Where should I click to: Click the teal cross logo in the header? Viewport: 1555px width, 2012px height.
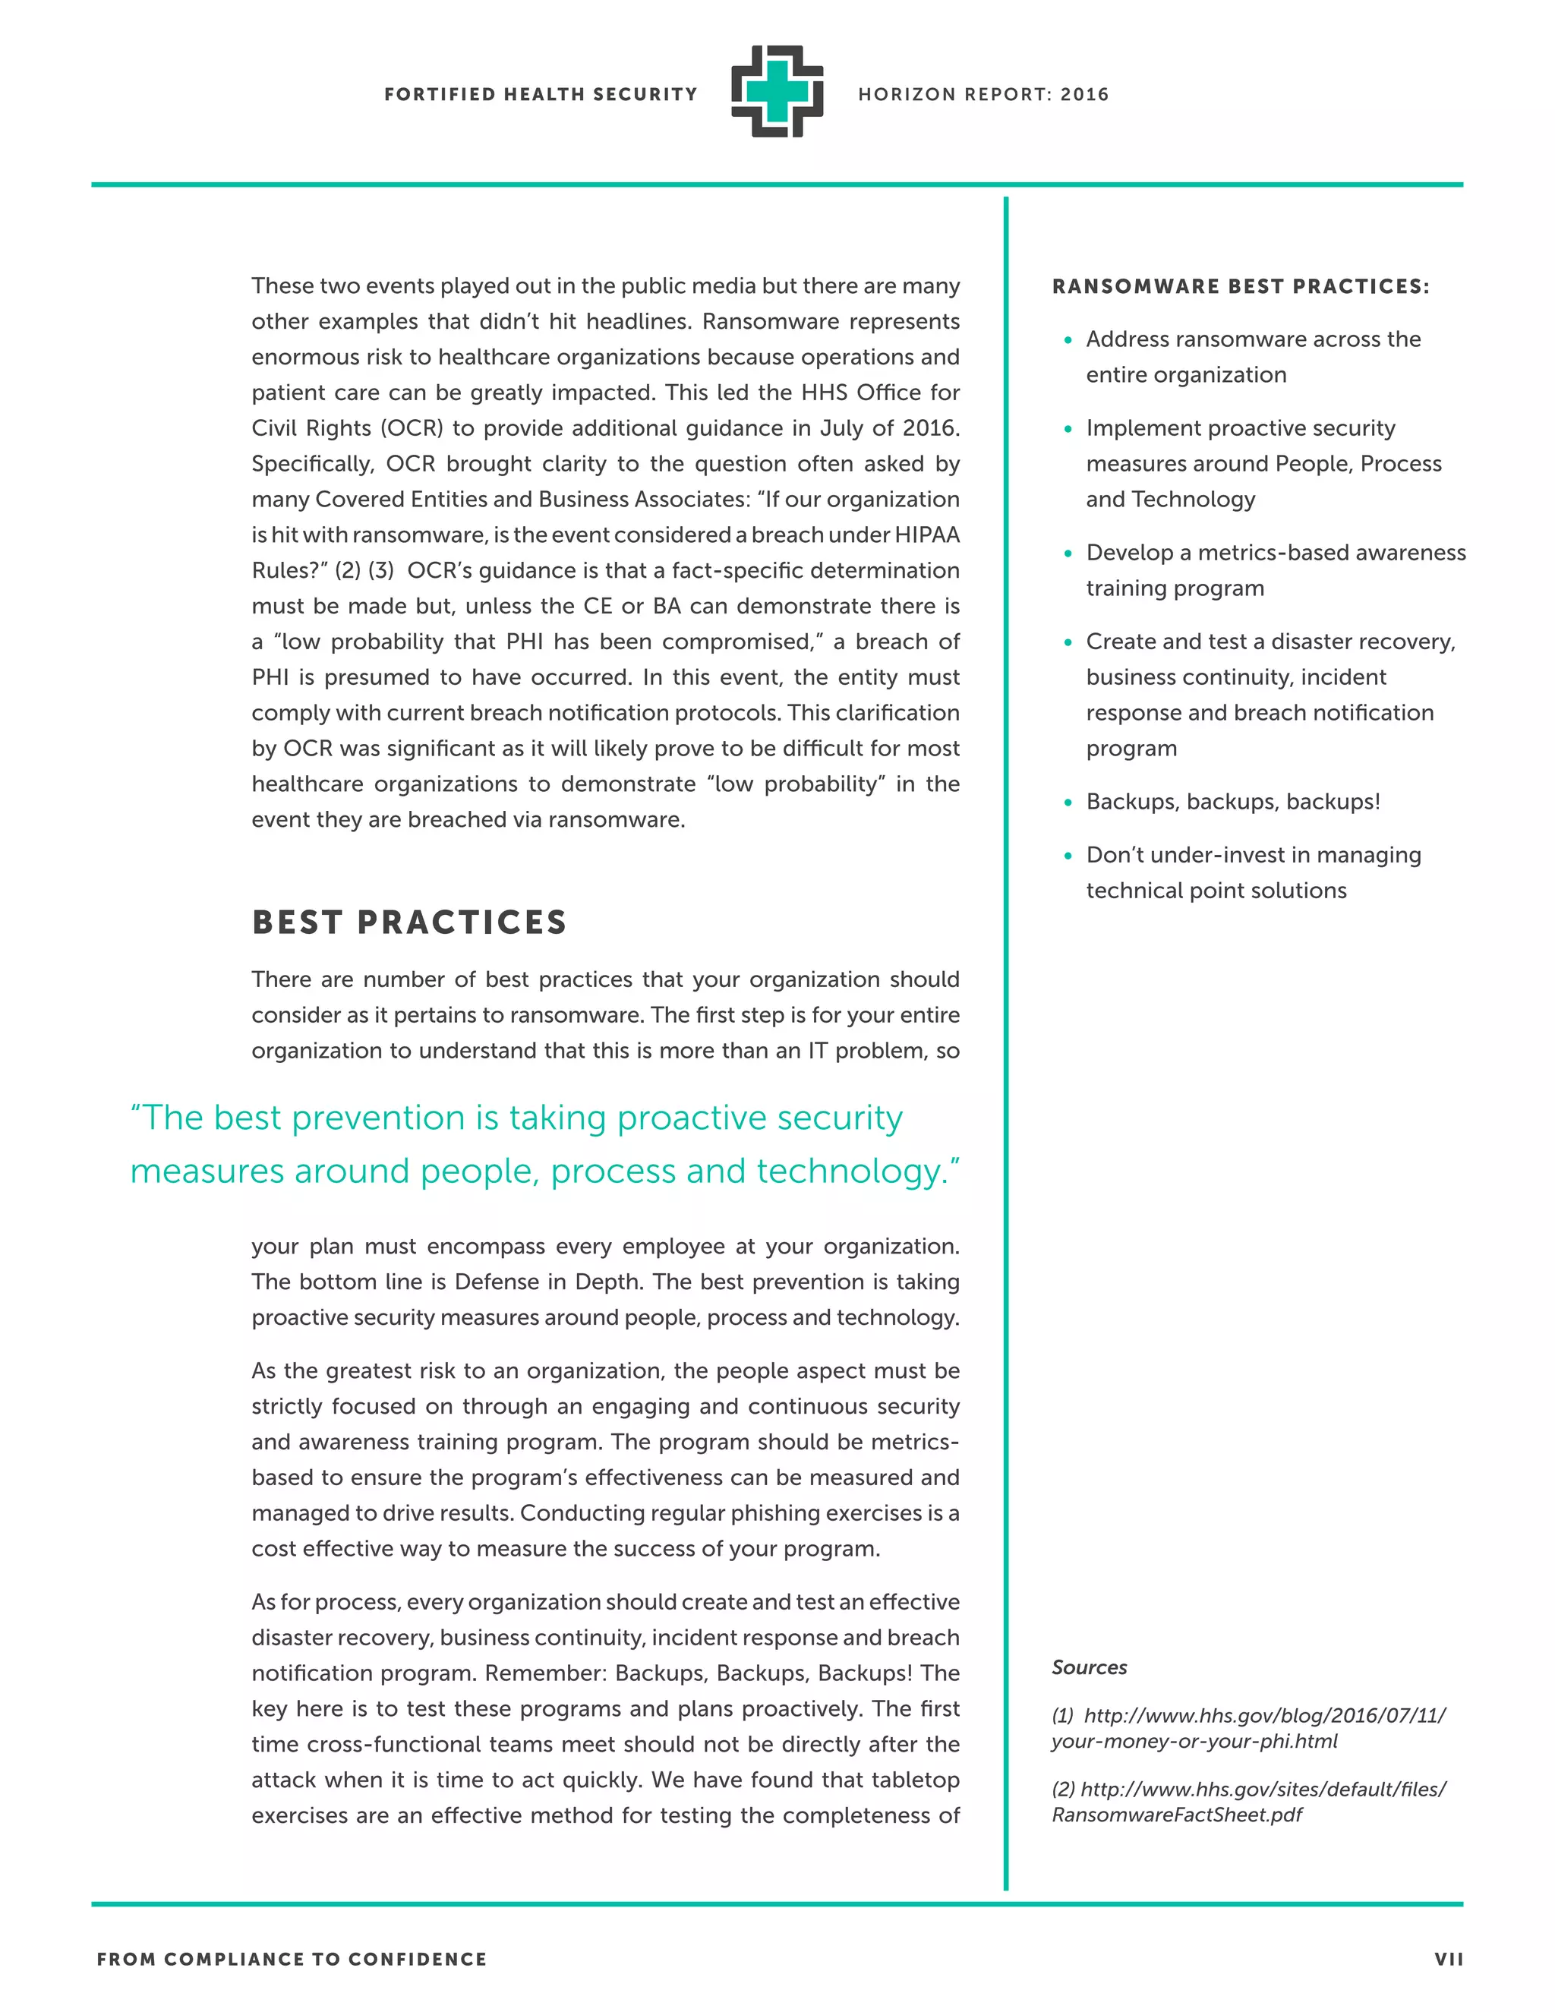[777, 92]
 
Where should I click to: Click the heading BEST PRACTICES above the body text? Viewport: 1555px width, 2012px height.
[409, 922]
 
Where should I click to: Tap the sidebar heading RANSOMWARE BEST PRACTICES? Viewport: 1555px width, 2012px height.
[1240, 286]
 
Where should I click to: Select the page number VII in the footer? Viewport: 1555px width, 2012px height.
[1448, 1960]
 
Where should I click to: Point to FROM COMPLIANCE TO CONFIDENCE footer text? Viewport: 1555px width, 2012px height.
[291, 1960]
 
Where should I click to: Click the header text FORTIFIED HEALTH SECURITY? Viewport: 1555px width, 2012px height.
[541, 94]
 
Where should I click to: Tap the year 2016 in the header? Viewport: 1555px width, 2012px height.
[1084, 94]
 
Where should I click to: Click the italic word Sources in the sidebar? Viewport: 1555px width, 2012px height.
[1089, 1667]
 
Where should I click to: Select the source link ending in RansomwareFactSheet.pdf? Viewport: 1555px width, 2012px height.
[1248, 1802]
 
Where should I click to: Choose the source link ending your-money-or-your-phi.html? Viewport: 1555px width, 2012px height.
[1248, 1728]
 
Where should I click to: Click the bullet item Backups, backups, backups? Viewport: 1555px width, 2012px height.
[1232, 802]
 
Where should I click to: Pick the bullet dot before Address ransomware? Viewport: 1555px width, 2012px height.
[1068, 340]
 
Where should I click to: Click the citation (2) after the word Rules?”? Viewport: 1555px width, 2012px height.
[347, 571]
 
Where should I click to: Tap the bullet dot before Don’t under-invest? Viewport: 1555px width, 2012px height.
[1068, 856]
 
